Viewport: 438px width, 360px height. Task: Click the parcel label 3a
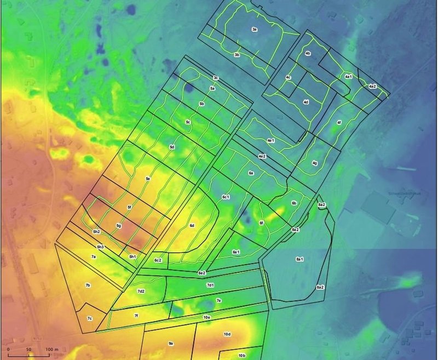tap(255, 29)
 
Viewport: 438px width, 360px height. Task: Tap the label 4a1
tap(348, 77)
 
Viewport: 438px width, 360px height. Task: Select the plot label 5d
tap(172, 147)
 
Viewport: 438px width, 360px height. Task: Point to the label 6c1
tap(226, 196)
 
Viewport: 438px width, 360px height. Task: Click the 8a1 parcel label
tap(300, 258)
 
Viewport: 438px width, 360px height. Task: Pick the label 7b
tap(88, 285)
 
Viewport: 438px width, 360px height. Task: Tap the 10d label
tap(227, 334)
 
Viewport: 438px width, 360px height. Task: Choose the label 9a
tap(171, 343)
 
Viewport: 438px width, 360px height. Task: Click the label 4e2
tap(262, 157)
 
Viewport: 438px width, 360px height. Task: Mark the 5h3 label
tap(100, 247)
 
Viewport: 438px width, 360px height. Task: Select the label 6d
tap(192, 225)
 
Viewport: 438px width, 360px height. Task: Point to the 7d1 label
tap(210, 285)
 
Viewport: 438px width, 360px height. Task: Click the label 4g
tap(315, 163)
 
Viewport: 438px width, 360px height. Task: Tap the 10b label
tap(241, 355)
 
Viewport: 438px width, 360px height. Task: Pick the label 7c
tap(89, 318)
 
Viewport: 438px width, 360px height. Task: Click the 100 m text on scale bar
tap(52, 349)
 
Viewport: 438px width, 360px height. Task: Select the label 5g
tap(118, 225)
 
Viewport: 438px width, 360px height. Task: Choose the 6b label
tap(294, 203)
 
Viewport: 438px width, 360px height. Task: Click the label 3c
tap(216, 78)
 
